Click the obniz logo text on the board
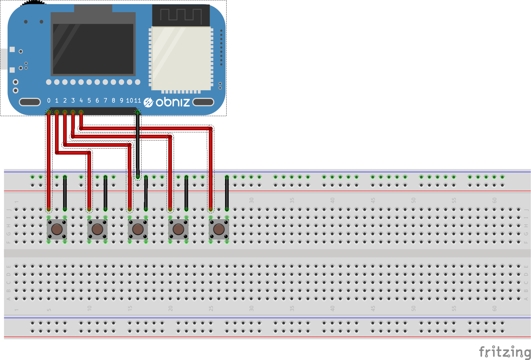pyautogui.click(x=172, y=102)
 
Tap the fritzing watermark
pyautogui.click(x=505, y=352)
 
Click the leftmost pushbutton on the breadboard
pyautogui.click(x=57, y=229)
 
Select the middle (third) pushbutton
pyautogui.click(x=138, y=229)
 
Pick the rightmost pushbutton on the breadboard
pyautogui.click(x=219, y=229)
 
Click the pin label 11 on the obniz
pyautogui.click(x=137, y=100)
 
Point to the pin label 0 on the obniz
pyautogui.click(x=49, y=100)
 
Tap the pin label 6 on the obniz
pyautogui.click(x=97, y=100)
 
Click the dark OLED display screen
pyautogui.click(x=93, y=49)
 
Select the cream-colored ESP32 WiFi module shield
pyautogui.click(x=181, y=58)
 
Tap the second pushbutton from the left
pyautogui.click(x=97, y=229)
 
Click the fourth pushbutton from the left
pyautogui.click(x=178, y=229)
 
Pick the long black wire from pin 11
pyautogui.click(x=138, y=144)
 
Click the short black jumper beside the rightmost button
pyautogui.click(x=227, y=193)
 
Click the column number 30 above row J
pyautogui.click(x=252, y=200)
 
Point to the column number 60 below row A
pyautogui.click(x=494, y=308)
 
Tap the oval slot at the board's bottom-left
pyautogui.click(x=30, y=102)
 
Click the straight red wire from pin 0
pyautogui.click(x=49, y=159)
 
